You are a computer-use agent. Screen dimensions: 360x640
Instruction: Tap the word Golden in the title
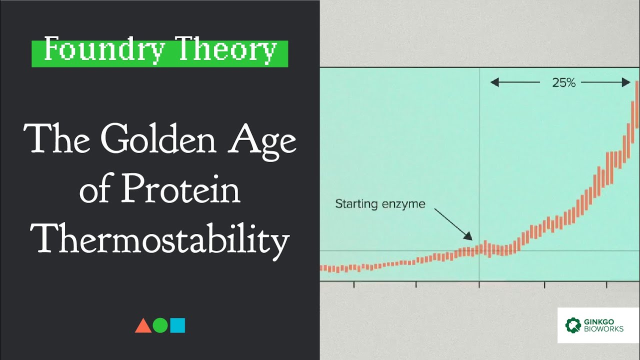pos(160,141)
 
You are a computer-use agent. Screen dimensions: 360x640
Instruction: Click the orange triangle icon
pos(143,325)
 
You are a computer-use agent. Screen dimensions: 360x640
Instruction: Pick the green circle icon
pos(160,325)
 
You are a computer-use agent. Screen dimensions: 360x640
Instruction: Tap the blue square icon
pos(177,325)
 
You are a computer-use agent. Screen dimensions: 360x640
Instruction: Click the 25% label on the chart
pos(563,83)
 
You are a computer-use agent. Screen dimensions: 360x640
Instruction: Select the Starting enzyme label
pos(380,204)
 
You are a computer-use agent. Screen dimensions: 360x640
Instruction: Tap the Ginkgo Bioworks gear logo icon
pos(573,325)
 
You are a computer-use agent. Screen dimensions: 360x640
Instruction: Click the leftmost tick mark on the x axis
pos(354,284)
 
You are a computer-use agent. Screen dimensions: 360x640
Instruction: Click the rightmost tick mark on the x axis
pos(607,284)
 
